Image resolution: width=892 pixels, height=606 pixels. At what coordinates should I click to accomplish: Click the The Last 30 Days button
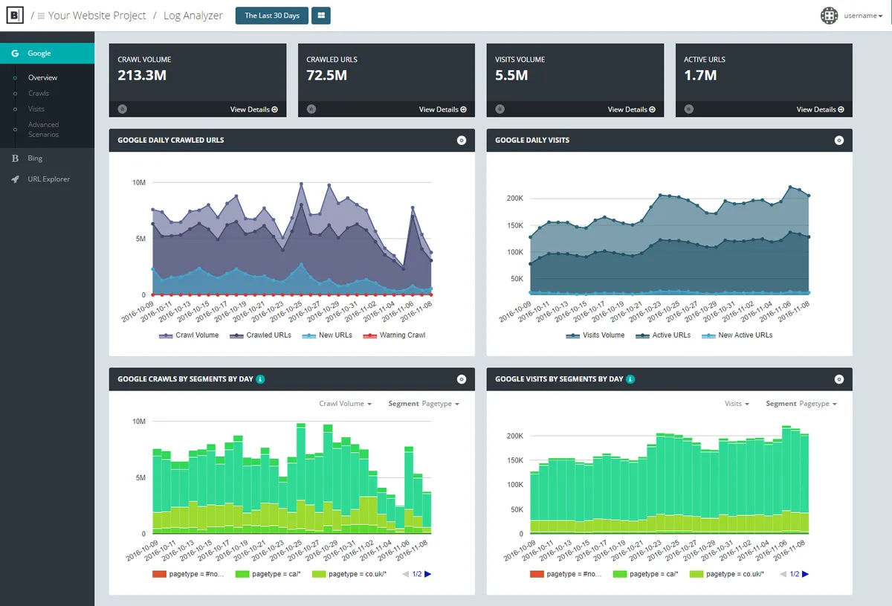click(x=271, y=16)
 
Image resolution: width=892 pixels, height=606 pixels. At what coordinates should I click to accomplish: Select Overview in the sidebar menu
click(x=42, y=77)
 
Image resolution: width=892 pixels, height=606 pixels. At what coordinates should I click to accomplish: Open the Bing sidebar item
click(x=35, y=158)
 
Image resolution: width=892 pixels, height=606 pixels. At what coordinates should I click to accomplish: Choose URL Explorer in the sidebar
click(x=48, y=179)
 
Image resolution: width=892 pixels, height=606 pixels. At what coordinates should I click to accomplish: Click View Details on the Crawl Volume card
click(x=253, y=109)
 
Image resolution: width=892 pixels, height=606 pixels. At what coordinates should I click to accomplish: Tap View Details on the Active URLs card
click(x=820, y=109)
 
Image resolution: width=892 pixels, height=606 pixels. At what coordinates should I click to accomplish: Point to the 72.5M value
click(x=326, y=75)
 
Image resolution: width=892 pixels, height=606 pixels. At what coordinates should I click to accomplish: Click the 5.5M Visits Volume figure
click(x=511, y=75)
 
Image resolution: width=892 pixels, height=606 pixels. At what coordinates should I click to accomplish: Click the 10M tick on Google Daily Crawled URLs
click(x=138, y=182)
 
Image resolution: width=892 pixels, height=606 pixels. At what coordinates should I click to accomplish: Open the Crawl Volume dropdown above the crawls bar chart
click(x=346, y=404)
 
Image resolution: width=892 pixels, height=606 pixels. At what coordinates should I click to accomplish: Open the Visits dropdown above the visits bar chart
click(x=737, y=404)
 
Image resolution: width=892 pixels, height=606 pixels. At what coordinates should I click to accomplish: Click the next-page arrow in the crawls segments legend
click(x=428, y=574)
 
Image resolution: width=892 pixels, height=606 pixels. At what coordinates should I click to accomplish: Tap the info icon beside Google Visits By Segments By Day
click(x=630, y=379)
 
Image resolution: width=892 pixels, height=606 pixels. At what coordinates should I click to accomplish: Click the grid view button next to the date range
click(x=321, y=16)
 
